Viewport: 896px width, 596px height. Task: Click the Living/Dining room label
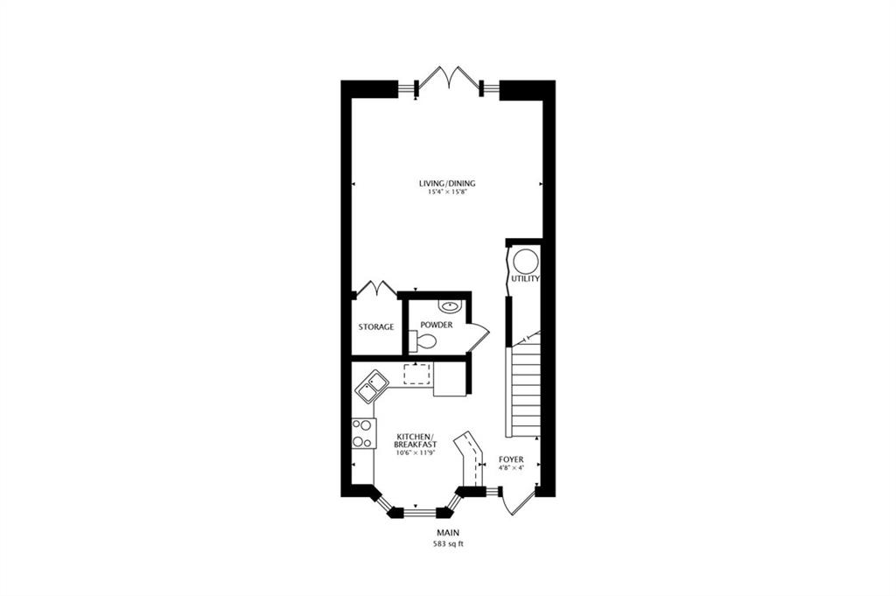[x=447, y=184]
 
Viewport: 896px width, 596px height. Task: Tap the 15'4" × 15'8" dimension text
[x=447, y=193]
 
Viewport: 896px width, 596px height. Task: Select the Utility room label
[x=525, y=279]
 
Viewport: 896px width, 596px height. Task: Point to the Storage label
[x=376, y=326]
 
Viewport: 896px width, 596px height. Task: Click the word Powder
[x=437, y=325]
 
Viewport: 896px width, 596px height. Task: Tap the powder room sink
[x=451, y=305]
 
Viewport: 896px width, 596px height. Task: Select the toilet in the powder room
[x=423, y=341]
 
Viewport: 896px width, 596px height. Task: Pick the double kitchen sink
[x=372, y=386]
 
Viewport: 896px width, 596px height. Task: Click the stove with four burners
[x=363, y=433]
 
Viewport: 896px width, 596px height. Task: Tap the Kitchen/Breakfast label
[x=416, y=440]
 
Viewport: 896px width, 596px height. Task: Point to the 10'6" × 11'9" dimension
[x=416, y=452]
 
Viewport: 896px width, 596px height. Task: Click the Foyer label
[x=511, y=459]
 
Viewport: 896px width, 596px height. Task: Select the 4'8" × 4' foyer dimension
[x=511, y=467]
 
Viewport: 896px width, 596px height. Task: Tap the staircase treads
[x=523, y=385]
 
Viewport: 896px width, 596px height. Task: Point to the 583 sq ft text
[x=448, y=544]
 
